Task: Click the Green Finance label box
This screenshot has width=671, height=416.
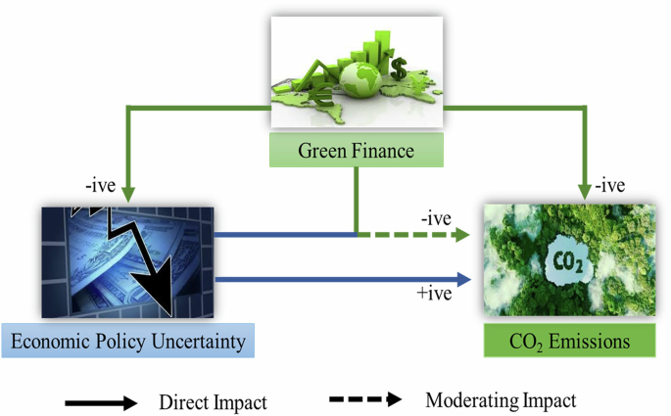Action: pyautogui.click(x=357, y=151)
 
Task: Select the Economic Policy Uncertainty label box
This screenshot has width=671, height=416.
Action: pyautogui.click(x=128, y=341)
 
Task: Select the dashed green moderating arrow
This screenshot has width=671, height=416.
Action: pyautogui.click(x=416, y=235)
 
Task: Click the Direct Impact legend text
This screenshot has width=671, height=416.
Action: pyautogui.click(x=213, y=400)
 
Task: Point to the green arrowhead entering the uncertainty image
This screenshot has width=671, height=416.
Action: pyautogui.click(x=128, y=196)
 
